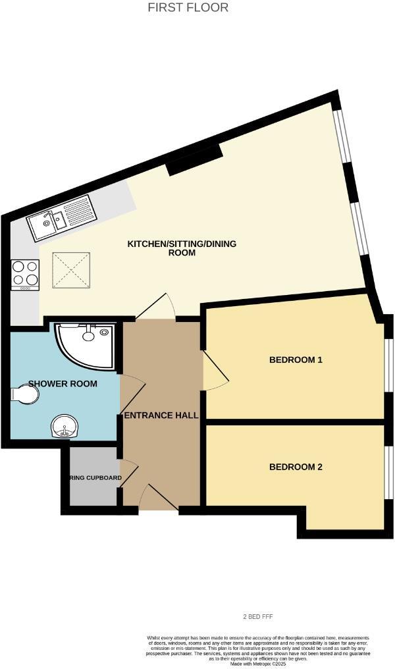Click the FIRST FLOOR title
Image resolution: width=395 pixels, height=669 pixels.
tap(188, 8)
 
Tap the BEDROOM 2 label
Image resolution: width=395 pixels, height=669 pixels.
tap(296, 468)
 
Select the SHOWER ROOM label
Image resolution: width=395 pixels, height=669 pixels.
tap(63, 384)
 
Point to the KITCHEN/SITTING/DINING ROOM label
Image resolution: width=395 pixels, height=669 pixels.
tap(182, 248)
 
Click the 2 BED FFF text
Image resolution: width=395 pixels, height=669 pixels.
tap(258, 616)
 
